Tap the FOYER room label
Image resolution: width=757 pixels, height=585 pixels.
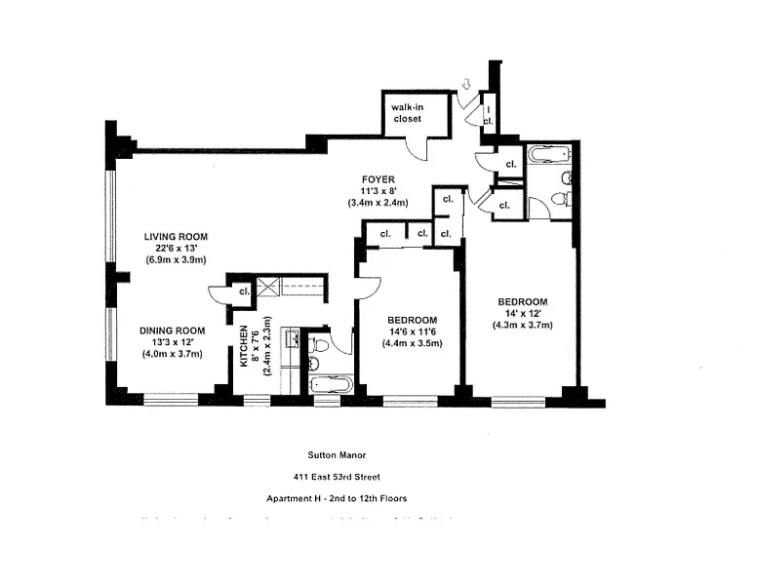tap(378, 179)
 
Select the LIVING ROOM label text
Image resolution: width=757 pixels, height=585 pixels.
tap(176, 237)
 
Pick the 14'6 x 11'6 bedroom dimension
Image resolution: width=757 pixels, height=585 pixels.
tap(411, 331)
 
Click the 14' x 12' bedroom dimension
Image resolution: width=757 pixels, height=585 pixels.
tap(522, 313)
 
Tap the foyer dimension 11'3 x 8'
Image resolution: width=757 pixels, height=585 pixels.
tap(378, 191)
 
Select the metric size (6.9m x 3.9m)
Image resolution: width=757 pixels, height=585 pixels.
tap(176, 260)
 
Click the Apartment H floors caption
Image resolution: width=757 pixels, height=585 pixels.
tap(337, 498)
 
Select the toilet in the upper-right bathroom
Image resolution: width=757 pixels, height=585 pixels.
tap(560, 199)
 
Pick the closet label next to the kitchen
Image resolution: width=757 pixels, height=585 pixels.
tap(243, 290)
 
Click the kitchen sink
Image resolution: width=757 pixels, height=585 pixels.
tap(290, 340)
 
